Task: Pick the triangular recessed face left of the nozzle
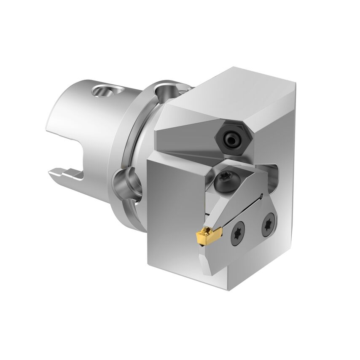(x=185, y=137)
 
